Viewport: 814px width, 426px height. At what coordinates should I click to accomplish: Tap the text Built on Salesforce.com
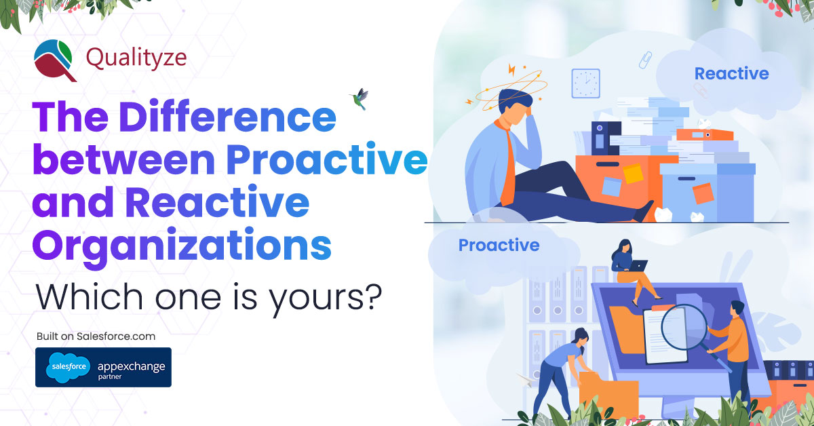tap(96, 336)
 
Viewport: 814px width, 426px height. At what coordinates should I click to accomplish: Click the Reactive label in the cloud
tap(731, 73)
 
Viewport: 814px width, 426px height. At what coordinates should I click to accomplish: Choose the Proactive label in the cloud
tap(499, 245)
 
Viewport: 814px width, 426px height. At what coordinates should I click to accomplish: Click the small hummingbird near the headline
tap(357, 98)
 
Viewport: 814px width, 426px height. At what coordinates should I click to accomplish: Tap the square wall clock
tap(585, 83)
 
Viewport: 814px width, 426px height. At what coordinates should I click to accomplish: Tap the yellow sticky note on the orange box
tap(634, 174)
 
